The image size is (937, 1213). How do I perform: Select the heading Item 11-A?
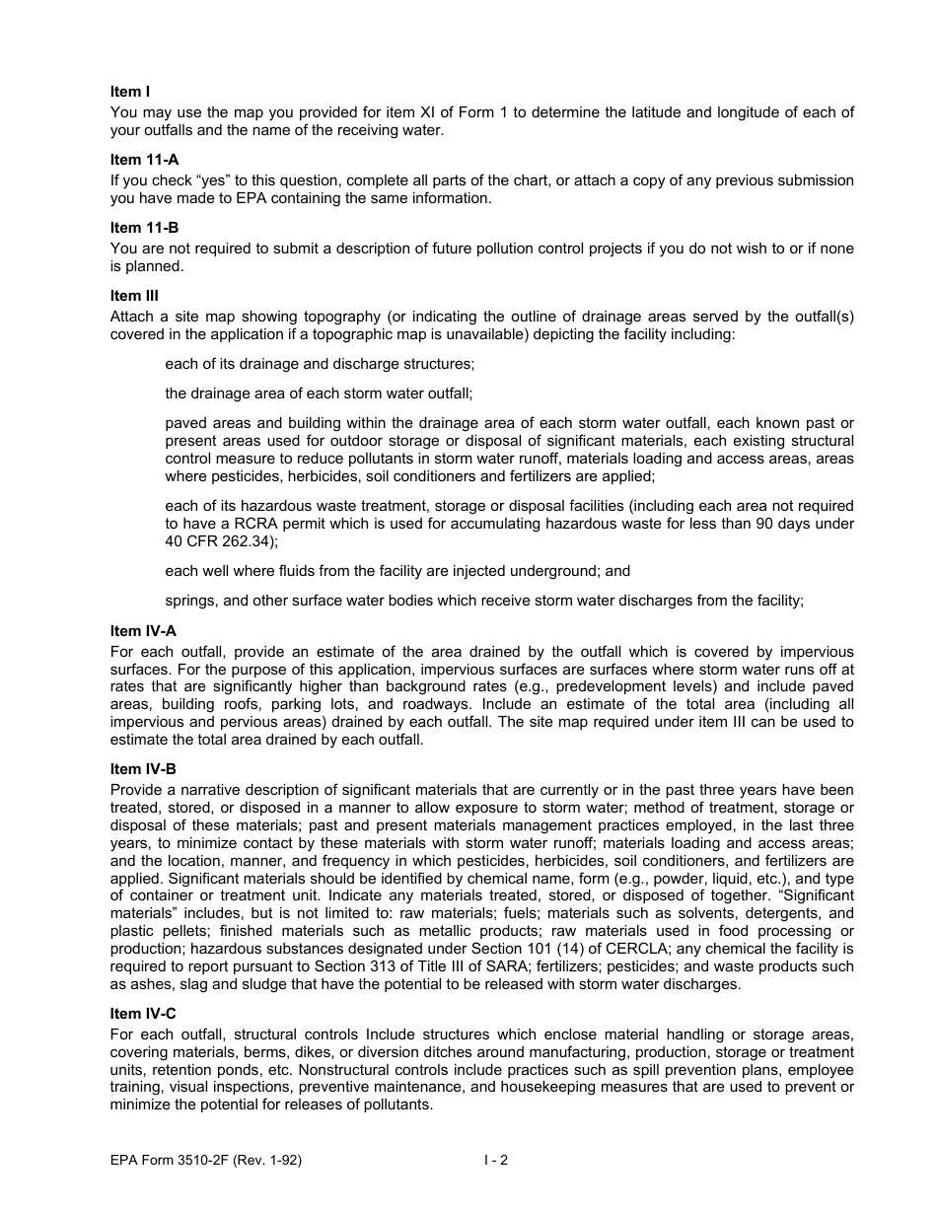pos(144,160)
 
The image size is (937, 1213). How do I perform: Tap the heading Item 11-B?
pos(144,228)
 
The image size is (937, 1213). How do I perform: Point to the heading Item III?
pos(134,296)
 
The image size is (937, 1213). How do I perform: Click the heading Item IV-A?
pos(144,631)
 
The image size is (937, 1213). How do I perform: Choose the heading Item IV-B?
pos(144,769)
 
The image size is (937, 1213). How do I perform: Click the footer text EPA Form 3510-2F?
pos(205,1161)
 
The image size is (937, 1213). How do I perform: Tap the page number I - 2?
pos(496,1161)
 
